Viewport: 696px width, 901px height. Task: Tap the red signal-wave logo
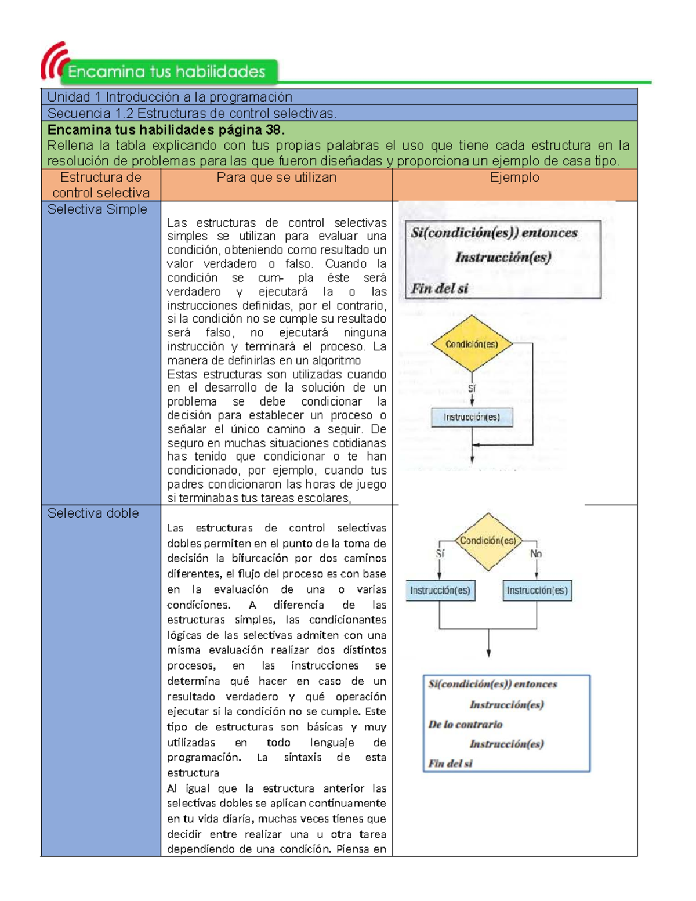[53, 60]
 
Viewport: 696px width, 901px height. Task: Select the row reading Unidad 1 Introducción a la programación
[169, 97]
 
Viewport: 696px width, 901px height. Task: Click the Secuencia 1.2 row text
[191, 113]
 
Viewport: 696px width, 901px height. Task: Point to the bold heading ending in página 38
[166, 129]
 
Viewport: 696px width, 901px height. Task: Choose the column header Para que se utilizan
[276, 178]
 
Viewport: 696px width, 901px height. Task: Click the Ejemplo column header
[514, 178]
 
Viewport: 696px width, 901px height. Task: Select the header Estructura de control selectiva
[101, 185]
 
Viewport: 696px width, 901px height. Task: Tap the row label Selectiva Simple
[97, 209]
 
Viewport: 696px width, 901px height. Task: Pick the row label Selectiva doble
[93, 513]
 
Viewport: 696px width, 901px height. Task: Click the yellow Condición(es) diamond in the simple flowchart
[472, 344]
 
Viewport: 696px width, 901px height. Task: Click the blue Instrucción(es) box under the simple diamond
[472, 417]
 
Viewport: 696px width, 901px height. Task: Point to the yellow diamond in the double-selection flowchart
[488, 542]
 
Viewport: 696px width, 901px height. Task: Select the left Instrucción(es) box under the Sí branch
[440, 591]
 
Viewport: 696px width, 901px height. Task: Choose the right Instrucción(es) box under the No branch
[537, 591]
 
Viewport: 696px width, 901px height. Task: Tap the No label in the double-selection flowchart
[536, 554]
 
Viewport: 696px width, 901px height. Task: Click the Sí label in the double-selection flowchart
[440, 554]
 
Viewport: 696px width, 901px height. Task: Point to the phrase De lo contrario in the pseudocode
[465, 725]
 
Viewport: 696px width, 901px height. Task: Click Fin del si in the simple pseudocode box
[440, 288]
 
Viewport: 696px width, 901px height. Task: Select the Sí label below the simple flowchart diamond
[472, 389]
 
